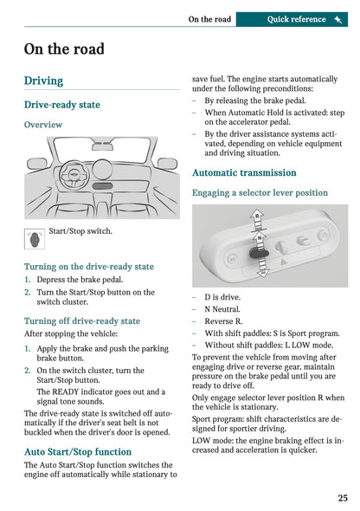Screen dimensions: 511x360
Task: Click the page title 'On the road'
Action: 65,49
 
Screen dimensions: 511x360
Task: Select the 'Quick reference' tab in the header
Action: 296,19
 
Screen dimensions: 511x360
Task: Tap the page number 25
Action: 343,498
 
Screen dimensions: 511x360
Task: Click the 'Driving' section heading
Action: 43,81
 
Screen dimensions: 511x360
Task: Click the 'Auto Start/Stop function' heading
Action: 78,451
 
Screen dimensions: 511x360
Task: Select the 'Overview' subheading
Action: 43,125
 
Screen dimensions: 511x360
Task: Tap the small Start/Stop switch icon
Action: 34,238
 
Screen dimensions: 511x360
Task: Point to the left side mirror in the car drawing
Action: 36,164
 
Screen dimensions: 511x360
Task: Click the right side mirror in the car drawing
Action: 167,164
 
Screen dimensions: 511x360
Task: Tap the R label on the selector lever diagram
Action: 257,214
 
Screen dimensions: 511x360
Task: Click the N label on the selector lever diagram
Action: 258,235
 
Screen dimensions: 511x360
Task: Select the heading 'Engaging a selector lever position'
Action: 260,192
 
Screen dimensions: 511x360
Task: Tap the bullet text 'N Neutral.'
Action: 225,309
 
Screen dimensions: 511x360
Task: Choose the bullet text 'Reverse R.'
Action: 225,321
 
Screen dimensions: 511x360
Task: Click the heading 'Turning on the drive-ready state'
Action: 89,267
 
